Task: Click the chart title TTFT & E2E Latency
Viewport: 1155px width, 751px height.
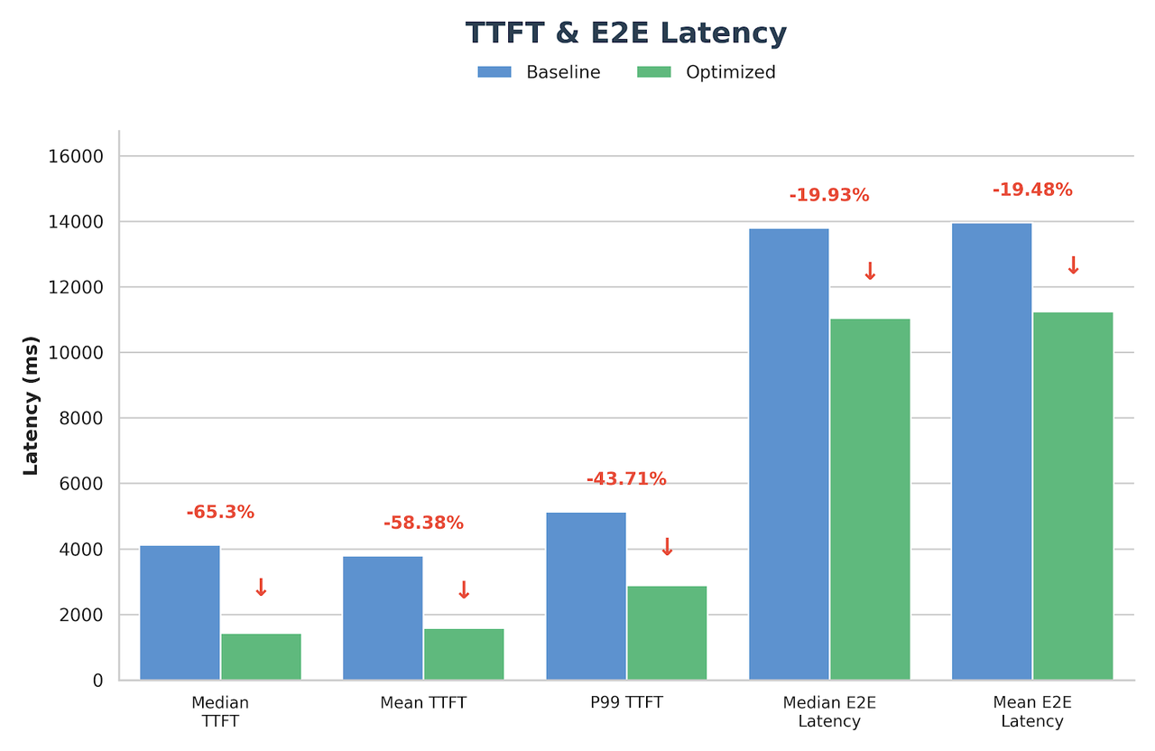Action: coord(625,33)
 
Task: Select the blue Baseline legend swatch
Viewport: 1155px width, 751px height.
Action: coord(494,72)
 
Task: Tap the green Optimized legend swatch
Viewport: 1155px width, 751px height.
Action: coord(653,72)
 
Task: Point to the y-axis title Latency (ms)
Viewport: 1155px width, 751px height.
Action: coord(31,405)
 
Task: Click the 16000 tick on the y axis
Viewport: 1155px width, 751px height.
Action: coord(75,156)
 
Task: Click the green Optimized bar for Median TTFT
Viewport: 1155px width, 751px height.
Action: coord(261,656)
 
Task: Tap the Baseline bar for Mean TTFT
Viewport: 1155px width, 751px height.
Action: coord(383,617)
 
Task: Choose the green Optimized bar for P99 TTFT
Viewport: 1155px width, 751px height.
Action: coord(667,633)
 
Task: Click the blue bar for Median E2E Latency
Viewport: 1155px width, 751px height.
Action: coord(789,454)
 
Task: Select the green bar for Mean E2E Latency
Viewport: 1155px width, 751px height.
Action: coord(1073,496)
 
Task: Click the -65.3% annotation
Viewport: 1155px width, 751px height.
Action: coord(220,513)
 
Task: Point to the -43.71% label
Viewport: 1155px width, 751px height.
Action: coord(626,479)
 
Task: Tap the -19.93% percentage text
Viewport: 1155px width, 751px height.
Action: coord(829,195)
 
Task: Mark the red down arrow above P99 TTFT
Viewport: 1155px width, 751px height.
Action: coord(667,547)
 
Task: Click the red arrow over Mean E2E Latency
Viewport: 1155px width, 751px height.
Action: coord(1073,265)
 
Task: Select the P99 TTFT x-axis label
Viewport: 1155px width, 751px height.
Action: coord(626,702)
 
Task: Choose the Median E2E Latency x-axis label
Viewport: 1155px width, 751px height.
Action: coord(829,711)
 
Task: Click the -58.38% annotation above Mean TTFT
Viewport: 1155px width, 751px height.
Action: coord(423,523)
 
